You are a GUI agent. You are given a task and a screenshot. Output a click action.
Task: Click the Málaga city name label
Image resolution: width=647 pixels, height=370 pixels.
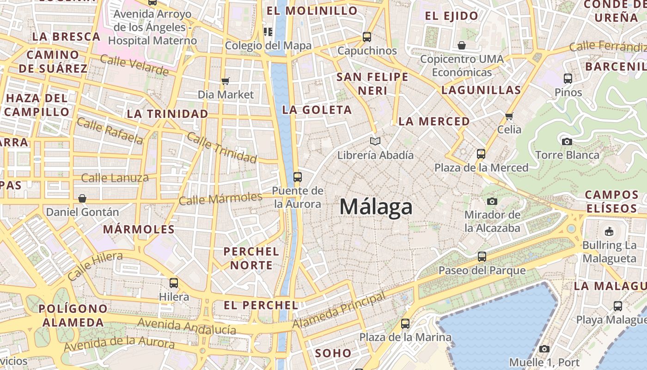click(376, 207)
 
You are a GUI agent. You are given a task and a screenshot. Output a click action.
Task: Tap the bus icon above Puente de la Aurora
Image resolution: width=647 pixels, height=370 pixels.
click(298, 177)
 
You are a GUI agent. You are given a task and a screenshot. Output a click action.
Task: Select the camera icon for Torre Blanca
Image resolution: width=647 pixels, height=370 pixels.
click(567, 142)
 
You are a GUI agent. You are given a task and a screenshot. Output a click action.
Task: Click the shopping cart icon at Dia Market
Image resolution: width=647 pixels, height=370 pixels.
click(226, 81)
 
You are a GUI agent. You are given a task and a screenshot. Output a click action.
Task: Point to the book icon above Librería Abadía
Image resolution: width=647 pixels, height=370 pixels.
click(375, 141)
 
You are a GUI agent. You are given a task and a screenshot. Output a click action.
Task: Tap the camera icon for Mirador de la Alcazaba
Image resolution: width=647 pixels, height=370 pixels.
click(492, 201)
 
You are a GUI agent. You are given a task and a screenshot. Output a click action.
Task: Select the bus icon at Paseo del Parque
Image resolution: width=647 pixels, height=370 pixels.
click(482, 256)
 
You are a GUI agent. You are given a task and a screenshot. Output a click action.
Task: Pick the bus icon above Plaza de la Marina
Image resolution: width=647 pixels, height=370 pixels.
click(405, 324)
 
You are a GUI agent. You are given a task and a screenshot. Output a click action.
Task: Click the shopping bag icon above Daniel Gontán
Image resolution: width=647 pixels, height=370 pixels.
click(82, 198)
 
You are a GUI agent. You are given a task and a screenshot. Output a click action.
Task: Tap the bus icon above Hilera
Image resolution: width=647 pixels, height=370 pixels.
click(174, 283)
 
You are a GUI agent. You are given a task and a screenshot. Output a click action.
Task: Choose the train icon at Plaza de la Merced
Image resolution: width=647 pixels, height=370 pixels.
click(481, 154)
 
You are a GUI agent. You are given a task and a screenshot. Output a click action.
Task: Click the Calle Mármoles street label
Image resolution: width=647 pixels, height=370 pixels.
click(220, 199)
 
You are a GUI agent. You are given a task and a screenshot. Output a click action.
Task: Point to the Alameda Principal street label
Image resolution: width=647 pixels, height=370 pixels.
click(339, 311)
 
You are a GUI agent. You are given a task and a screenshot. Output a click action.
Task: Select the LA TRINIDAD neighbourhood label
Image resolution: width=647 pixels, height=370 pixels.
click(167, 114)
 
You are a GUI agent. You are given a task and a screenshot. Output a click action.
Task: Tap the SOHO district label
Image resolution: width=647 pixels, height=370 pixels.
click(333, 353)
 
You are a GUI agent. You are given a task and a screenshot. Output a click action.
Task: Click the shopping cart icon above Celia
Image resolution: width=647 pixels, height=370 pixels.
click(509, 116)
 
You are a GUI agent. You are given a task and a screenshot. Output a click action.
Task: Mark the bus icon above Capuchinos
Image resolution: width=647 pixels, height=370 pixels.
click(367, 37)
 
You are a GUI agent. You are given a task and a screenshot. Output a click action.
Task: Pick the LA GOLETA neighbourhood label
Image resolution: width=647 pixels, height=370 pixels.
click(317, 110)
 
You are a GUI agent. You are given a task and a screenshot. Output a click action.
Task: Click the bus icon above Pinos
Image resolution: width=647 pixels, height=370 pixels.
click(568, 79)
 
